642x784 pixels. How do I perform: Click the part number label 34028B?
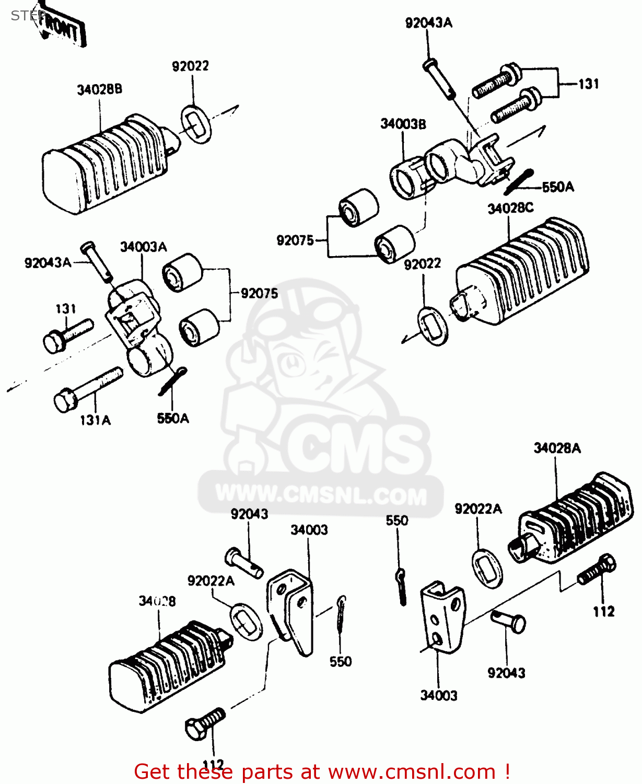(x=99, y=89)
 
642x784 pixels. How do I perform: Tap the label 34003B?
(x=403, y=124)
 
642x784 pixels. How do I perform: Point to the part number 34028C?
(x=510, y=208)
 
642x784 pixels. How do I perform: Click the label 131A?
(x=95, y=420)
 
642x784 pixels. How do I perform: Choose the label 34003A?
(x=143, y=246)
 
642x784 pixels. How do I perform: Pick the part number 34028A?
(x=557, y=448)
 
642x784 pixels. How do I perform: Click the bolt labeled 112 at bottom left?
(x=205, y=723)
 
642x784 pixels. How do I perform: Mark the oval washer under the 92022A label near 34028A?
(x=487, y=568)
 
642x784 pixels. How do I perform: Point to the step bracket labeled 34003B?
(x=449, y=165)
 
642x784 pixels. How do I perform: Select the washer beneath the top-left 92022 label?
(x=196, y=124)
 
